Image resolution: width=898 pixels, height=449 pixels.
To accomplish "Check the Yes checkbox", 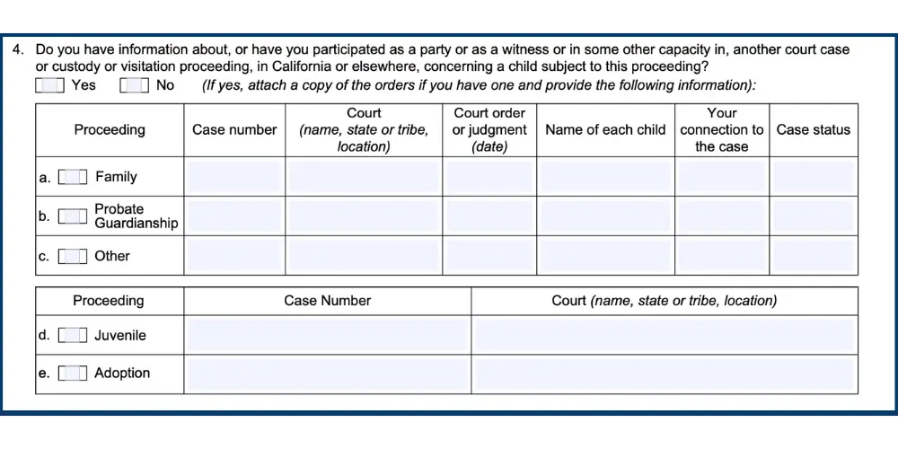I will [50, 85].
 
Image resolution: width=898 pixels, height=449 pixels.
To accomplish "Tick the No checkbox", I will [134, 85].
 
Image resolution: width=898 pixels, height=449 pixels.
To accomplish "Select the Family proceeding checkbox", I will [73, 177].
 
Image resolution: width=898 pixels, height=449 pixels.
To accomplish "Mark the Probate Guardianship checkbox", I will [73, 216].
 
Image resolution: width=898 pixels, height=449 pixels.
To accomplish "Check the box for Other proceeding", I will [73, 256].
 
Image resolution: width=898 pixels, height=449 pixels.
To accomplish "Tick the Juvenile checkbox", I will [73, 336].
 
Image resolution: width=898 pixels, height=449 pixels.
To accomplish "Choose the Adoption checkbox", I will [73, 374].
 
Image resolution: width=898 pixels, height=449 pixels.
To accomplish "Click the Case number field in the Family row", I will [234, 177].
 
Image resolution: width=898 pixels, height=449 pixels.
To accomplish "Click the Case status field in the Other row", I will [814, 256].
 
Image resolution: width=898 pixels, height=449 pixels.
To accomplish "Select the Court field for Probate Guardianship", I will [364, 216].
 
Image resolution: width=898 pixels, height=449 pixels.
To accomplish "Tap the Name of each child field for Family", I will [605, 177].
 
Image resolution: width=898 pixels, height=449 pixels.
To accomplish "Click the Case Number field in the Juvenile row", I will [327, 336].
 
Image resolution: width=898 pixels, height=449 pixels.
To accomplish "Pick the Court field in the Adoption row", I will [664, 374].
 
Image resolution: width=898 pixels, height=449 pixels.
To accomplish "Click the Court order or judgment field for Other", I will [489, 256].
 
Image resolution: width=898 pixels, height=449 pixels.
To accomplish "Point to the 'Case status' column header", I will [813, 130].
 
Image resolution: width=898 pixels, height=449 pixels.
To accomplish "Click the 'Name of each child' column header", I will [605, 130].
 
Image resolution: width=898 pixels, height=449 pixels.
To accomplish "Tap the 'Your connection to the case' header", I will [722, 130].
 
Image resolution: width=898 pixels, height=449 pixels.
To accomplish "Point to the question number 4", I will [17, 50].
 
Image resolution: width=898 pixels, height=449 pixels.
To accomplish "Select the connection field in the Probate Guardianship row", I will [722, 216].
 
